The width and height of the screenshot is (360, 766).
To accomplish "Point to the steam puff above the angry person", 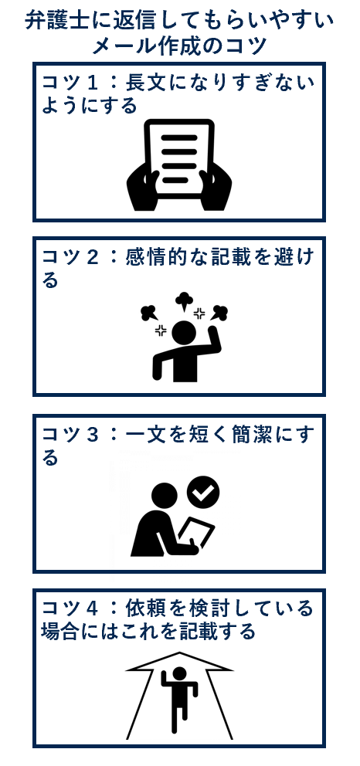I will (x=183, y=300).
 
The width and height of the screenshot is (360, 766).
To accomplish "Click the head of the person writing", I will (x=164, y=496).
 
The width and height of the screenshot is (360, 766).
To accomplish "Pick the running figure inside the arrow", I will (x=178, y=694).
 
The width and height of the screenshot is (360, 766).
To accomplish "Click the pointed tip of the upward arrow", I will (x=179, y=655).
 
